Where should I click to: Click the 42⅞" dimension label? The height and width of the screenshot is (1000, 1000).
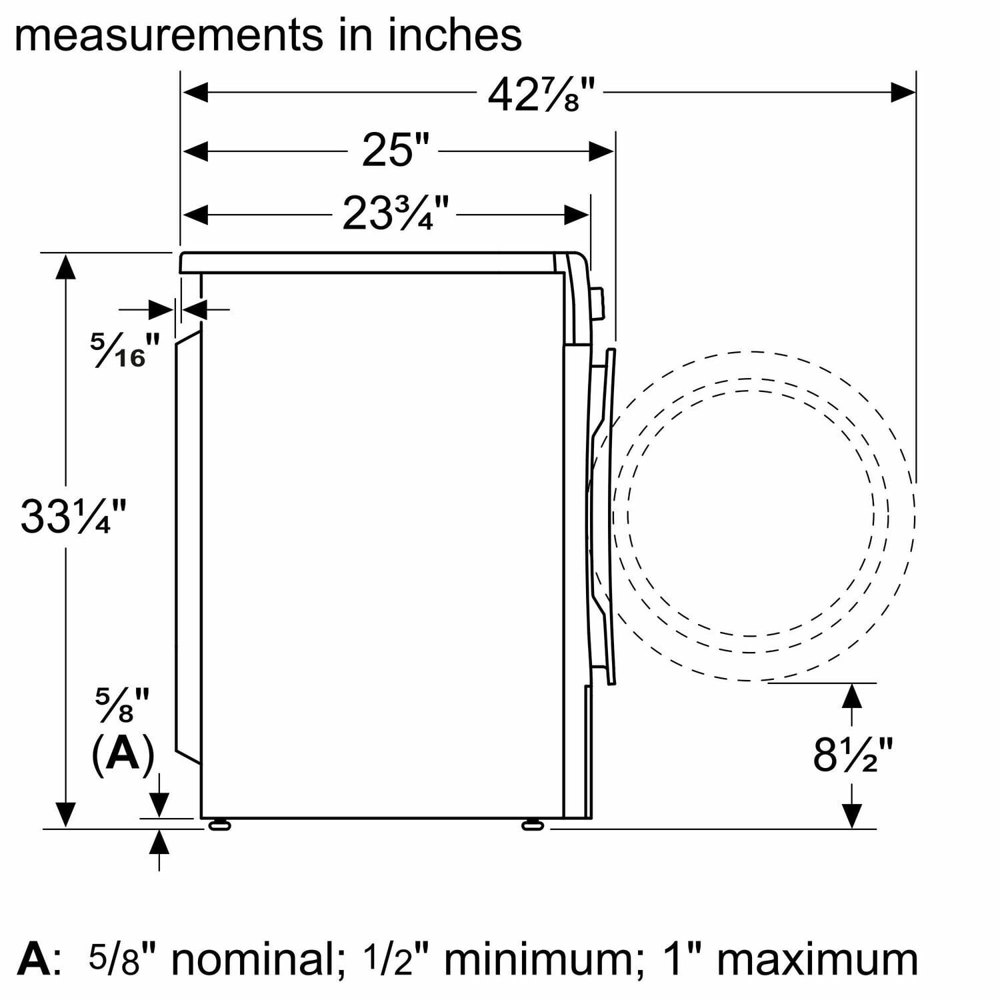click(x=540, y=95)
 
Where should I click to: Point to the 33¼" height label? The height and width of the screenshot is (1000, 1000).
click(x=73, y=515)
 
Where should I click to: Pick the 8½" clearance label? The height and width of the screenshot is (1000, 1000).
click(x=853, y=755)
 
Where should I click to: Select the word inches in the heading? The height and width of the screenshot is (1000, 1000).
click(x=456, y=35)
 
